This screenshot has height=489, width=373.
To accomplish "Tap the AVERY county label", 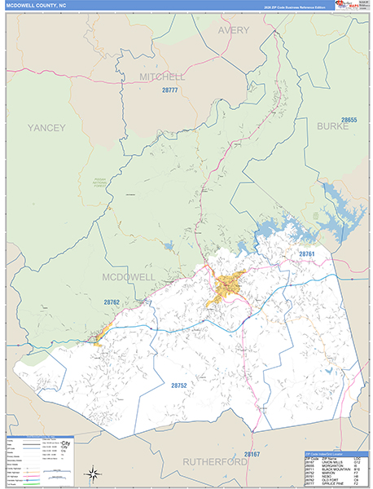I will coord(233,30).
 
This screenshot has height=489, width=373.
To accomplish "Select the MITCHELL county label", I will coord(162,77).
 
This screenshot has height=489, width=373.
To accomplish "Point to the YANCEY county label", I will coord(46,128).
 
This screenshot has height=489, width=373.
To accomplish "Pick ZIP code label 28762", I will coord(112,302).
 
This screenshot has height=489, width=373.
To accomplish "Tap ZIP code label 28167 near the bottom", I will coord(251,453).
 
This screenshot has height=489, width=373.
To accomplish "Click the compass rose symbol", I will coord(92,472).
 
